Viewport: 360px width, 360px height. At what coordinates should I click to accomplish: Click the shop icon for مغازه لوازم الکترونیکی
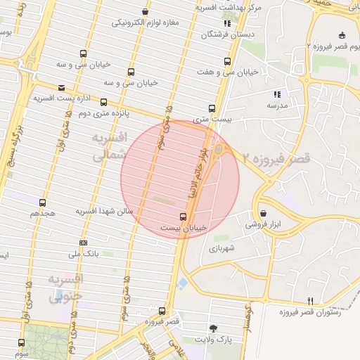(x=145, y=12)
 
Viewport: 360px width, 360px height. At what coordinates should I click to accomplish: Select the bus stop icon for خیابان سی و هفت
(x=226, y=61)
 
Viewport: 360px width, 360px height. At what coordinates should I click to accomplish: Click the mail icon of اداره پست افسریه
(x=63, y=88)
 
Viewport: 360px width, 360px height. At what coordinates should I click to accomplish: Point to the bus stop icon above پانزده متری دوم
(x=104, y=102)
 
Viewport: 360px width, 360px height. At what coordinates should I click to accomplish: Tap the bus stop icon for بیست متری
(x=212, y=108)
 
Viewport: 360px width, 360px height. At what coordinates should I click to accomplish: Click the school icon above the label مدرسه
(x=277, y=94)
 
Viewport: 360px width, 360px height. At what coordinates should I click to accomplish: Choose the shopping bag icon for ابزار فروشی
(x=263, y=213)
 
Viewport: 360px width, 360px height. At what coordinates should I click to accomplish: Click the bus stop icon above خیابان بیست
(x=184, y=217)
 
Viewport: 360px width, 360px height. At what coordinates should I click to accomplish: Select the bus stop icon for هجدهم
(x=43, y=202)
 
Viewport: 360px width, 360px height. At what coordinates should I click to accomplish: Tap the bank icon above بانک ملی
(x=84, y=243)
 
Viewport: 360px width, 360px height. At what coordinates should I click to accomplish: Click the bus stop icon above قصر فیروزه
(x=162, y=310)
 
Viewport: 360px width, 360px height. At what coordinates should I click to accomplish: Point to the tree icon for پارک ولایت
(x=213, y=328)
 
